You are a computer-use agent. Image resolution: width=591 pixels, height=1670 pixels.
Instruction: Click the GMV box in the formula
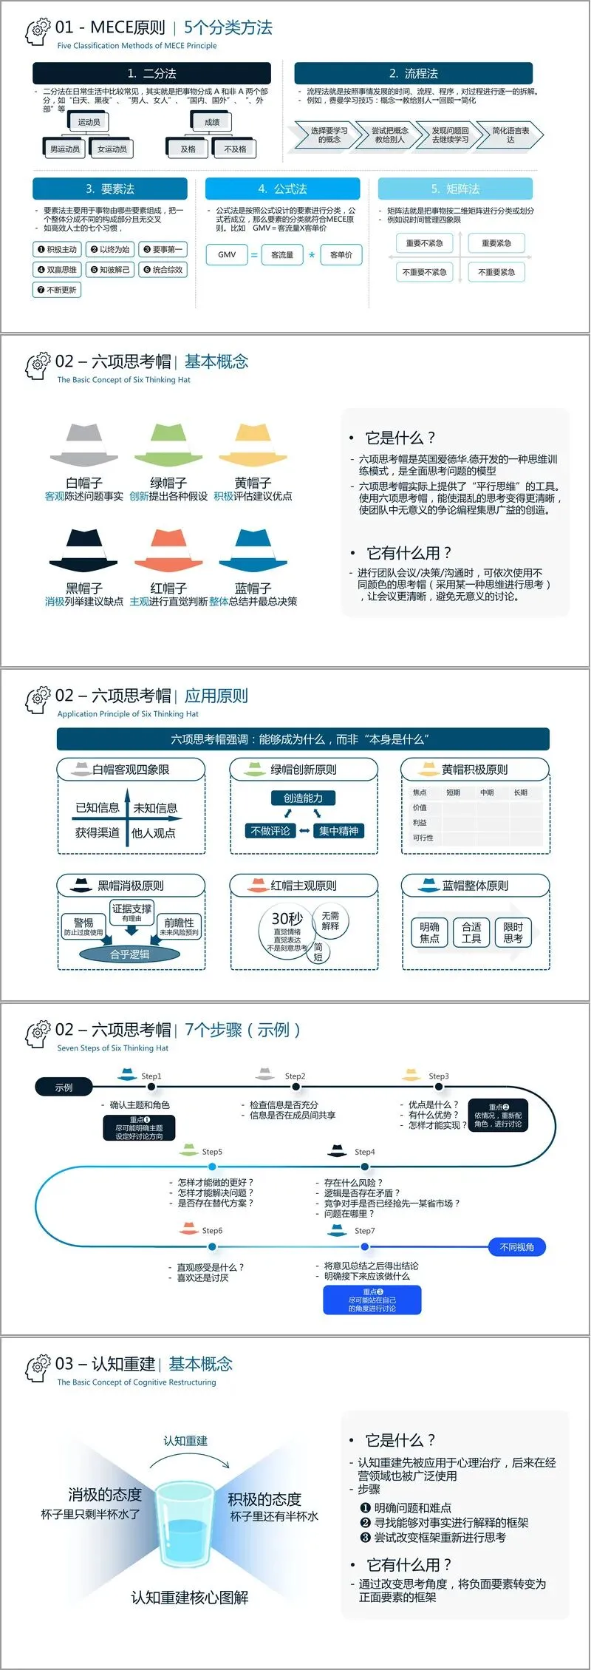[x=227, y=255]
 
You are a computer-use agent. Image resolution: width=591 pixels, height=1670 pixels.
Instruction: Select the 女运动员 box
[x=112, y=149]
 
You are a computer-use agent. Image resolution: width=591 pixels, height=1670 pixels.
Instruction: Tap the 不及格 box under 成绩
[x=235, y=149]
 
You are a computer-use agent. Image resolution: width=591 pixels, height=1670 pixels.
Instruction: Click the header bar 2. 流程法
[x=413, y=73]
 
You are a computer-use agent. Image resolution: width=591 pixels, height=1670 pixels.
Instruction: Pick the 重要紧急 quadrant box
[x=496, y=242]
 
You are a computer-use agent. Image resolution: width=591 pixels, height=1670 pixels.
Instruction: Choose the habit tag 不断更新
[x=57, y=290]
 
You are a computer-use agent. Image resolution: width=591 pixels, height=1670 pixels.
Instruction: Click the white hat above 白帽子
[x=83, y=444]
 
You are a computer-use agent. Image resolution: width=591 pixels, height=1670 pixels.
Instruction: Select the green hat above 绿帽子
[x=168, y=444]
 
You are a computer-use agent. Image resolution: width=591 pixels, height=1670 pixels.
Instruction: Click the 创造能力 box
[x=303, y=798]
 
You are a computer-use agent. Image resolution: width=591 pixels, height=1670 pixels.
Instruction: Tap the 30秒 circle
[x=287, y=924]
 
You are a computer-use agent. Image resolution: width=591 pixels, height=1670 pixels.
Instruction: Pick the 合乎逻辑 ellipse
[x=129, y=954]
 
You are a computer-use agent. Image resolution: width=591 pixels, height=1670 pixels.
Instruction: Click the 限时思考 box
[x=513, y=932]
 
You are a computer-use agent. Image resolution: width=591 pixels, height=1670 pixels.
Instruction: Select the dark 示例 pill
[x=64, y=1087]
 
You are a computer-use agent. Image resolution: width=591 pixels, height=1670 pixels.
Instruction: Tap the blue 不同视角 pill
[x=517, y=1247]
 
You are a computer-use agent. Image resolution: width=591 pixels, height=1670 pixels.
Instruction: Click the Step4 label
[x=364, y=1152]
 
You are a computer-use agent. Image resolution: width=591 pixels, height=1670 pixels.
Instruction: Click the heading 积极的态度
[x=264, y=1499]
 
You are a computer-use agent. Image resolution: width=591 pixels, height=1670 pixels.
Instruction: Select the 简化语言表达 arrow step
[x=510, y=135]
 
